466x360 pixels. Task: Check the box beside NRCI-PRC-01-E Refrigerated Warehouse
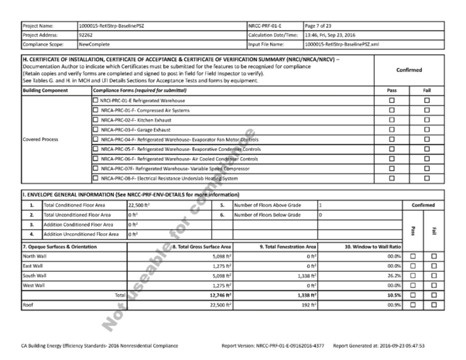point(95,101)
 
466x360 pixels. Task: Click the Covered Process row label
point(41,140)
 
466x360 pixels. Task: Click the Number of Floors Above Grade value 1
point(320,206)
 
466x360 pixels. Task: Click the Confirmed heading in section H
point(408,70)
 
